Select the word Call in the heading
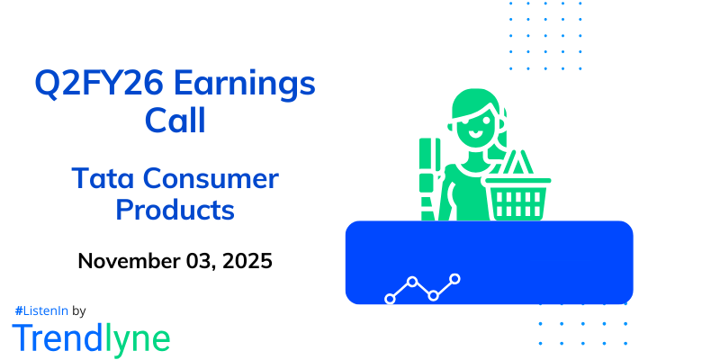click(175, 121)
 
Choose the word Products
click(175, 211)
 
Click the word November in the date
click(129, 262)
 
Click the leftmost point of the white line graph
click(391, 298)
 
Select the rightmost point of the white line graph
click(455, 279)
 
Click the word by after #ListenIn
click(78, 310)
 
